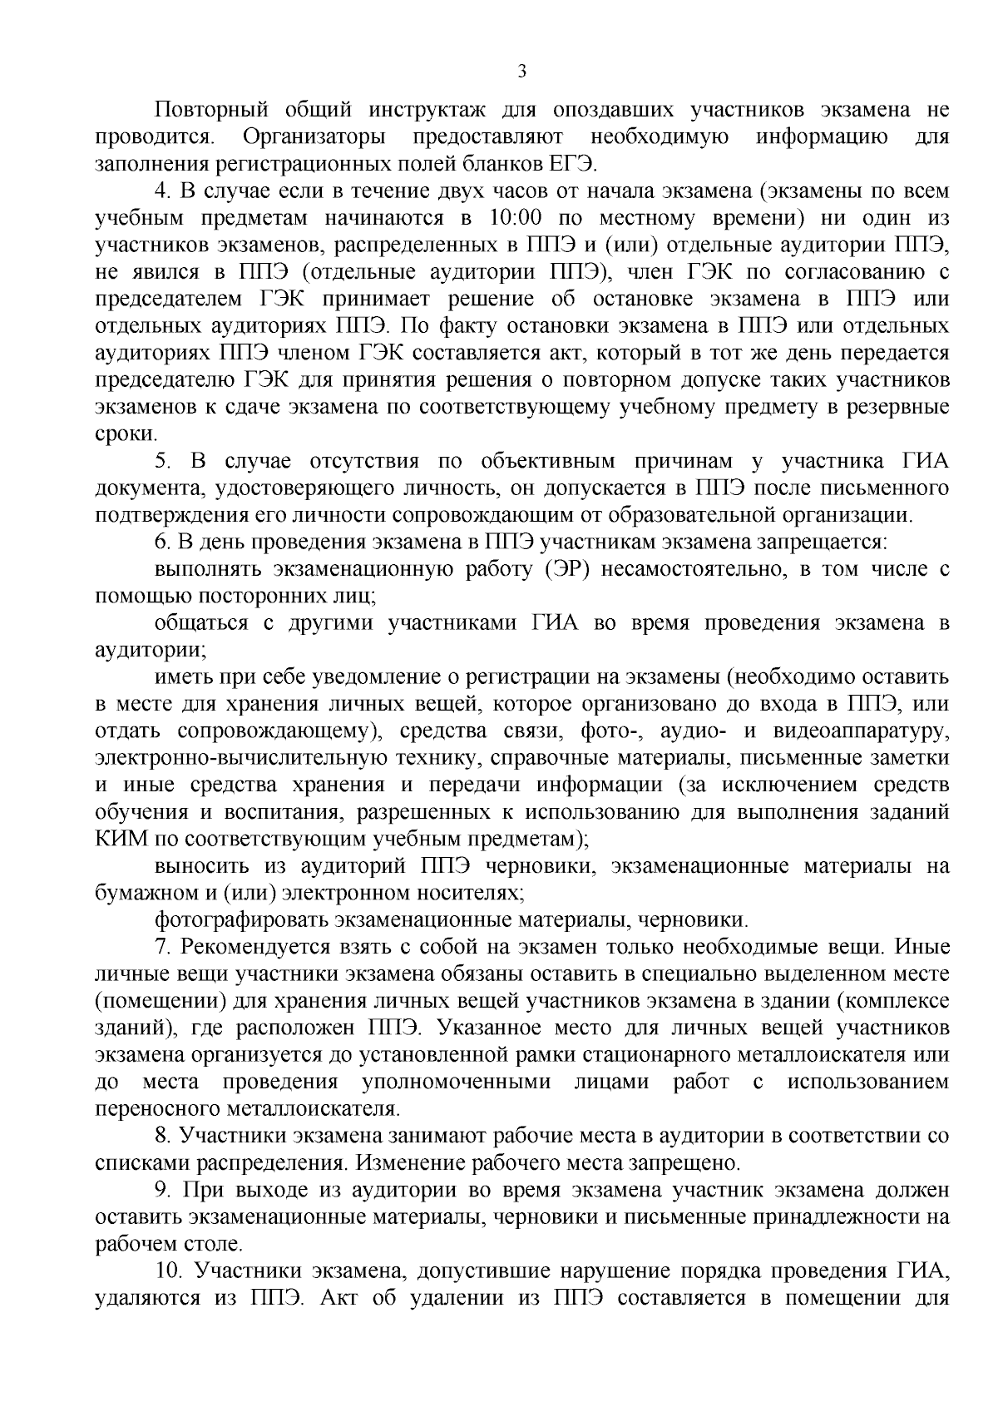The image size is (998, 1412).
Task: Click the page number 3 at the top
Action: pyautogui.click(x=521, y=72)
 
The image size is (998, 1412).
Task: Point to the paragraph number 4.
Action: pyautogui.click(x=162, y=191)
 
